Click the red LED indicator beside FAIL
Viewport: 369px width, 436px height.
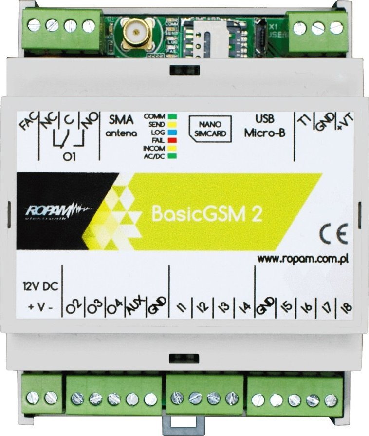pyautogui.click(x=171, y=140)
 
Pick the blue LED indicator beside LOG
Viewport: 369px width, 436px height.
pyautogui.click(x=171, y=132)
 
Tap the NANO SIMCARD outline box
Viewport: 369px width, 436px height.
pyautogui.click(x=211, y=129)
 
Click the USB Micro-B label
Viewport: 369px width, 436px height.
pyautogui.click(x=265, y=126)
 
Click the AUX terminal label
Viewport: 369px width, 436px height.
pyautogui.click(x=132, y=307)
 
